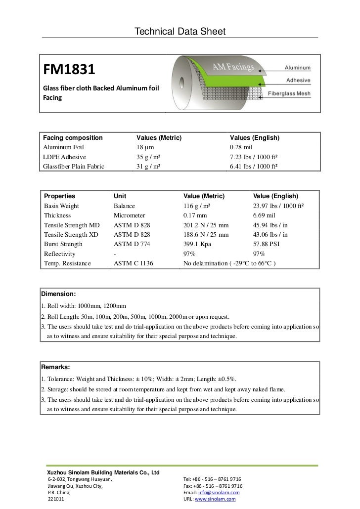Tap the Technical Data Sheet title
pos(180,32)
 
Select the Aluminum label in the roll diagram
pos(297,67)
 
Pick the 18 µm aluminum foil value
pos(145,147)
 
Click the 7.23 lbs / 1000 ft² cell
pos(253,157)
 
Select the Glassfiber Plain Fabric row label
pos(74,166)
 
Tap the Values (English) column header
pos(255,137)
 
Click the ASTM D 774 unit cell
pos(132,244)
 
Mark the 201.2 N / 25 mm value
pos(206,225)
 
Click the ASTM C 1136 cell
pos(134,263)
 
